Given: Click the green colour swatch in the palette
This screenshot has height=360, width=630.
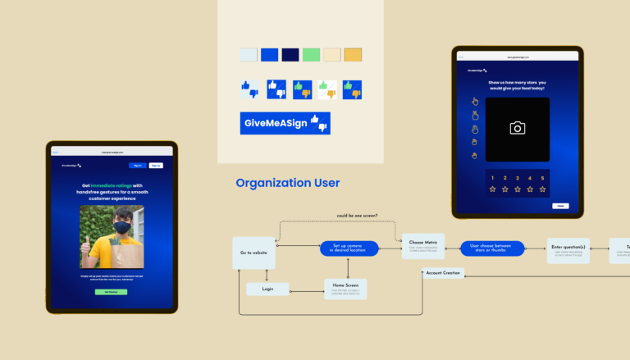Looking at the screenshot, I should click(x=311, y=55).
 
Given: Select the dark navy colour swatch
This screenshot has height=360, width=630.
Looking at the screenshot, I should click(x=290, y=55).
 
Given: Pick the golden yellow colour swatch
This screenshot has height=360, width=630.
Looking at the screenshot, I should click(x=353, y=55).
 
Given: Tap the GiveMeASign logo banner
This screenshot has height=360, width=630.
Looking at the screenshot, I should click(x=285, y=123).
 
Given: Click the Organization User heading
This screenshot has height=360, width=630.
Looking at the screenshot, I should click(x=287, y=183).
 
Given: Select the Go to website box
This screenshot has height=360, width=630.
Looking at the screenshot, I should click(x=253, y=253).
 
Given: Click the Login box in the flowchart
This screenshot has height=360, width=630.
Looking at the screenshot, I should click(x=267, y=289).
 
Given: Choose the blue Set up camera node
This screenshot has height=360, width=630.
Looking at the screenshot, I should click(x=349, y=248).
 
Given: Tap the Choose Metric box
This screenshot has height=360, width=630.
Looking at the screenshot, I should click(x=423, y=246).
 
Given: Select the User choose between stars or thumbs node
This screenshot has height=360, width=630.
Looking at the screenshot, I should click(x=492, y=248).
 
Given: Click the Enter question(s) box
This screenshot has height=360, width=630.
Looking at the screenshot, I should click(x=568, y=250).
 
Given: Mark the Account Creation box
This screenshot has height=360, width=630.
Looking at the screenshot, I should click(x=444, y=272).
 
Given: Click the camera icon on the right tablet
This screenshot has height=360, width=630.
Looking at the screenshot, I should click(x=517, y=128).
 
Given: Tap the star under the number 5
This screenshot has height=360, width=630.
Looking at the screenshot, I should click(x=542, y=189).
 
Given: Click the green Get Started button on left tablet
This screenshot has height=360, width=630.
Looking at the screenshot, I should click(x=111, y=292).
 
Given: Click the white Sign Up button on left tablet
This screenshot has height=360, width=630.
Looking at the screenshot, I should click(x=156, y=165).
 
